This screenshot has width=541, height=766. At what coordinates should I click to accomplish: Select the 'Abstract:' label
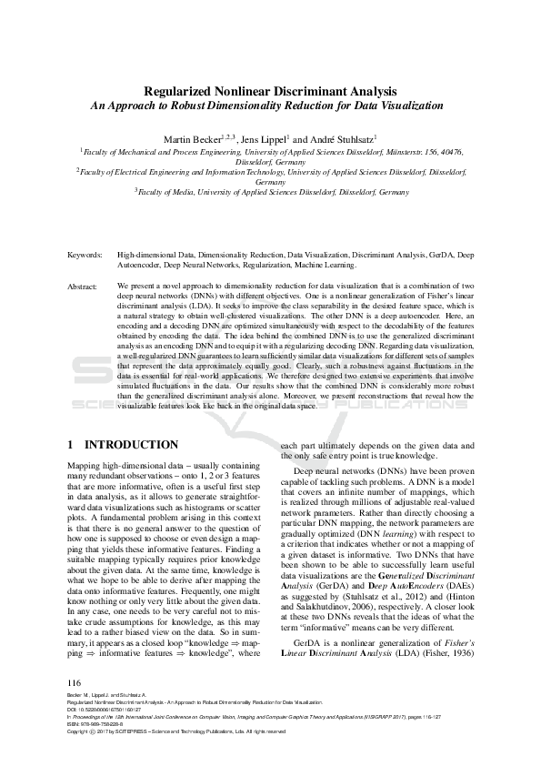84,287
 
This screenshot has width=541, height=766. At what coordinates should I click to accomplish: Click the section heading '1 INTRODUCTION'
124,445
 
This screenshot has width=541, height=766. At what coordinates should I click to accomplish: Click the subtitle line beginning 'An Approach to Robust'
271,106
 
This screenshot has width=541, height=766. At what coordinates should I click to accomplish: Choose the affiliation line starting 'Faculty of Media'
271,193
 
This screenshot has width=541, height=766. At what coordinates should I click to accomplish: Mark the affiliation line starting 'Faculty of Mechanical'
271,154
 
